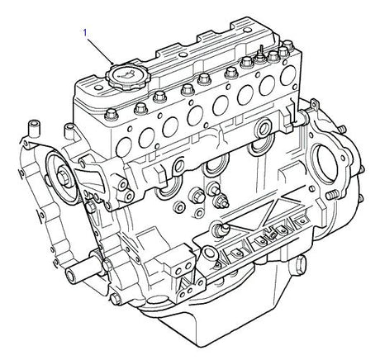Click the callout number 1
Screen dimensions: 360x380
(x=84, y=32)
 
